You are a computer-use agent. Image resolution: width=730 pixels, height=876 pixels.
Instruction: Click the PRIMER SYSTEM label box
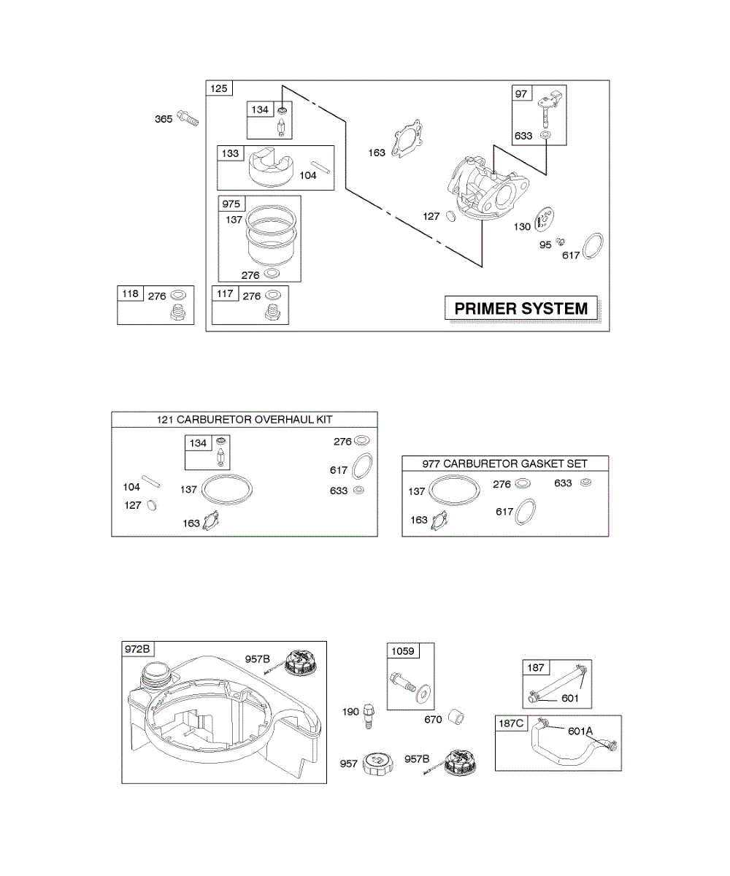click(521, 308)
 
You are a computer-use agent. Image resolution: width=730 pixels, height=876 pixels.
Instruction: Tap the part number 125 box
click(219, 88)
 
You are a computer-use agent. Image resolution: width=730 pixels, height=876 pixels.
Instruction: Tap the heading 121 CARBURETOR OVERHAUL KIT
click(245, 419)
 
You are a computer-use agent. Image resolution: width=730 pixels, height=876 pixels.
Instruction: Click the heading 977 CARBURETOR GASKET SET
click(505, 463)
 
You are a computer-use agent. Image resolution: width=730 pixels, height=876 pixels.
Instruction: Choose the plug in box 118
click(177, 315)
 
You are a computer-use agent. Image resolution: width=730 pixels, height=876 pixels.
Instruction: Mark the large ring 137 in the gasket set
click(453, 491)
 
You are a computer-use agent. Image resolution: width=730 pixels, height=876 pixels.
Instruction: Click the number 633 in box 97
click(523, 136)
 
